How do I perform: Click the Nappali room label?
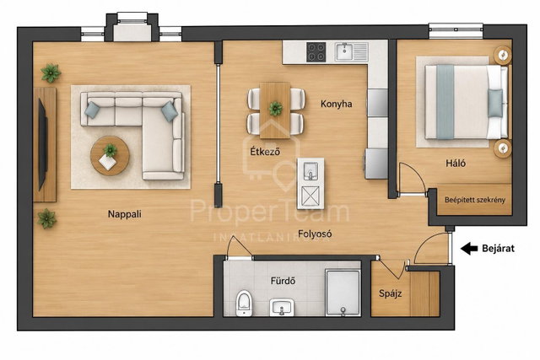click(125, 214)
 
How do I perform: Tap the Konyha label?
click(336, 104)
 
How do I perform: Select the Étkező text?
click(265, 152)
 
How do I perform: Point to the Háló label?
click(456, 163)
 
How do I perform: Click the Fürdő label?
click(283, 281)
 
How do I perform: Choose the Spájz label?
click(390, 293)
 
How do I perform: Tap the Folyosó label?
click(315, 234)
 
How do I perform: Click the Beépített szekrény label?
click(474, 200)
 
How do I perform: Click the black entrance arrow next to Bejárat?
click(469, 248)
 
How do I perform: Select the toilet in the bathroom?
click(244, 303)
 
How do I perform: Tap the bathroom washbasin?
click(282, 307)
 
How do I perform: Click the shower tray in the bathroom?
click(343, 293)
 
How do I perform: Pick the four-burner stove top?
click(316, 51)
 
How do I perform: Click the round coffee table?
click(110, 156)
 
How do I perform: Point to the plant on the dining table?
click(276, 109)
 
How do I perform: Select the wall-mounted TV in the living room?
click(43, 144)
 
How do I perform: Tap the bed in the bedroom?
click(467, 102)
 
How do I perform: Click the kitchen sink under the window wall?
click(343, 51)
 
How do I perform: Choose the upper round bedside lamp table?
click(503, 55)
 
